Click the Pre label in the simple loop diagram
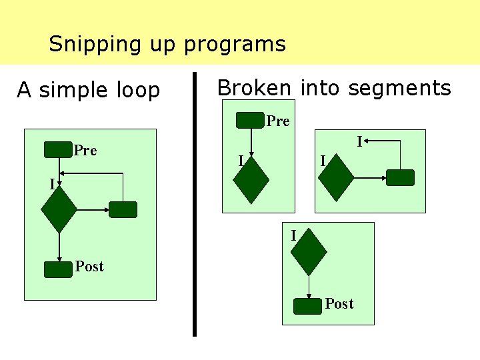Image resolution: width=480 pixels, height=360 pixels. [x=85, y=151]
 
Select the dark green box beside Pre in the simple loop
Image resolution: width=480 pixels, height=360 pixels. [x=57, y=150]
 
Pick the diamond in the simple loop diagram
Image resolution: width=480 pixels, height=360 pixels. [x=59, y=209]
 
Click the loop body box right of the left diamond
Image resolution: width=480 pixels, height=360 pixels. [x=123, y=210]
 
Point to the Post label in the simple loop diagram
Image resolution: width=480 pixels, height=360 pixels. [x=89, y=267]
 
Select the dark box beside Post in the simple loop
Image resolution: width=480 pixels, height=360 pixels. [x=57, y=269]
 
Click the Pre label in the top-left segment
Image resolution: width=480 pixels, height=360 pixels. [x=278, y=121]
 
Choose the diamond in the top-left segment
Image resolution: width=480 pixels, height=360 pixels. [x=251, y=180]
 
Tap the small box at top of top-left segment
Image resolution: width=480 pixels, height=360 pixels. [x=251, y=120]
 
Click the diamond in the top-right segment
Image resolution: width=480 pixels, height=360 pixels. [x=336, y=178]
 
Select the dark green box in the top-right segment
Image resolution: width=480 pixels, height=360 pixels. [x=401, y=177]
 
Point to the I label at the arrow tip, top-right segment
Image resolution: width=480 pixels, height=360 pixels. [x=359, y=141]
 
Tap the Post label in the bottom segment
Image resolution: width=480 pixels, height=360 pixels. [x=339, y=304]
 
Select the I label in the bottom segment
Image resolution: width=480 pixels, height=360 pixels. [x=293, y=235]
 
